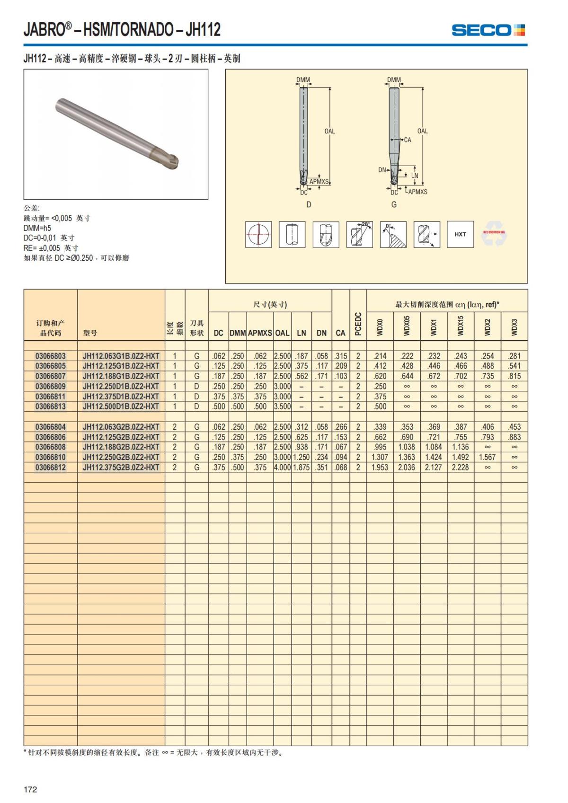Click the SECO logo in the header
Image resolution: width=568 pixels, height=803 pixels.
point(488,30)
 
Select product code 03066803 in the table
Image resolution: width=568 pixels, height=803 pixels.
point(51,356)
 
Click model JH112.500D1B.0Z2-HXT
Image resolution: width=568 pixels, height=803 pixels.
point(121,406)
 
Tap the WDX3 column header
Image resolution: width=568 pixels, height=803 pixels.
point(515,327)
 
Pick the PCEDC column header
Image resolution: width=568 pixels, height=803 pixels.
point(358,324)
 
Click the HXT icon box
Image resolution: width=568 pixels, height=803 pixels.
point(460,234)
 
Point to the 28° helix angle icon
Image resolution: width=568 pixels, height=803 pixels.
point(359,234)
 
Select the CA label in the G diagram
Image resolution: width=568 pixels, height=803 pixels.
point(408,140)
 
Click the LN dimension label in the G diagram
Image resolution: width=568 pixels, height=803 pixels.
point(415,176)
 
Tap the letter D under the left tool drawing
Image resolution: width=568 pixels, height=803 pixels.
point(309,204)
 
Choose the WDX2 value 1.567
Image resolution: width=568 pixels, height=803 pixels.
point(487,457)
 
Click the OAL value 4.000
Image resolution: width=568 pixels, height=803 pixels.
point(283,468)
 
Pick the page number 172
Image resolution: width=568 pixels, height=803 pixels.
point(30,789)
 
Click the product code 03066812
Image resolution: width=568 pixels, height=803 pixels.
point(51,468)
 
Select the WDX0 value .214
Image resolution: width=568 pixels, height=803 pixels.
point(380,356)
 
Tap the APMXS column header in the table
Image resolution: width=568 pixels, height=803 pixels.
point(260,333)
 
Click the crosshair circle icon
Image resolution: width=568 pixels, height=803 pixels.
point(258,234)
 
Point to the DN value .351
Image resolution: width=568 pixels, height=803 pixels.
point(322,468)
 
